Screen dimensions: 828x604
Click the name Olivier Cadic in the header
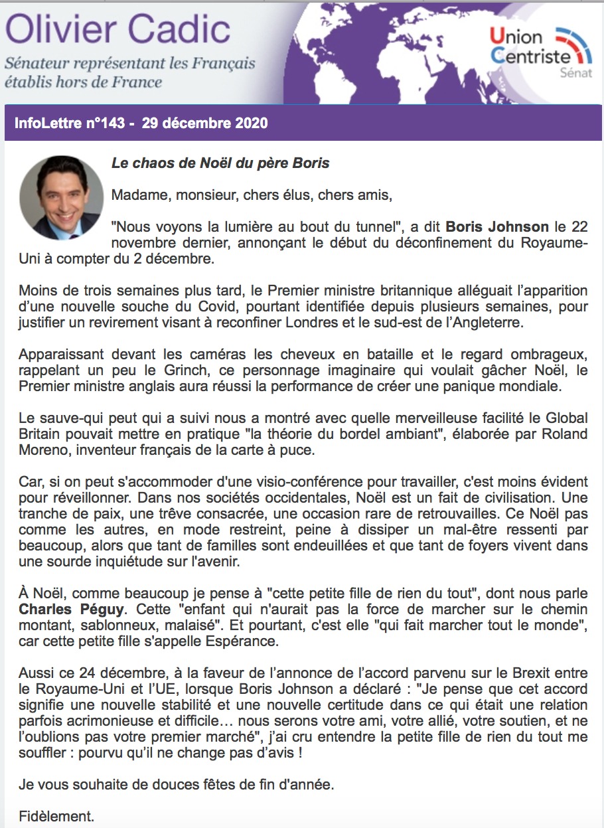pyautogui.click(x=117, y=30)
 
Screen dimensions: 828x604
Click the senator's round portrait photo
pyautogui.click(x=61, y=198)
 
